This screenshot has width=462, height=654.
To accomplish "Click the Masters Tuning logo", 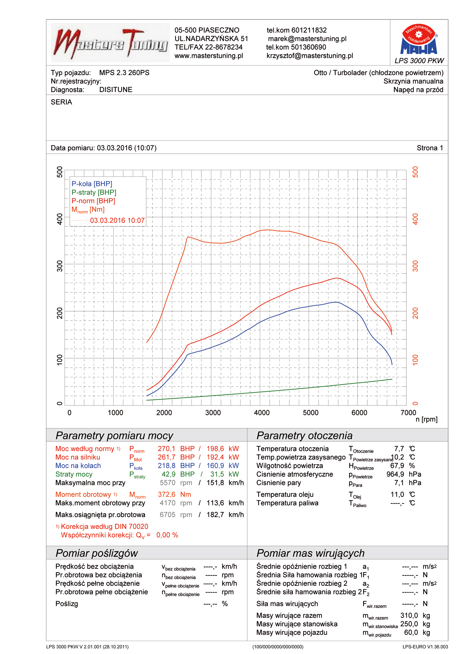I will [x=110, y=43].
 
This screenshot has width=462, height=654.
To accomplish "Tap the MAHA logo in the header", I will [x=418, y=39].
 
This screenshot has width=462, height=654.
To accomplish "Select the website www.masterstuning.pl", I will [x=208, y=56].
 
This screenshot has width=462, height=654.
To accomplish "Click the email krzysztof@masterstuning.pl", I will [x=309, y=56].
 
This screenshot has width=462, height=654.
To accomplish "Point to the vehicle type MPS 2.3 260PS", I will [x=124, y=73].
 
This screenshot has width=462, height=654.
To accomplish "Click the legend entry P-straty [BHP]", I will [x=94, y=192].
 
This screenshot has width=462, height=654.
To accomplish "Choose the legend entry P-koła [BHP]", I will [x=92, y=184].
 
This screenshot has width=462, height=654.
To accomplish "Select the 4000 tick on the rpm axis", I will [x=262, y=413].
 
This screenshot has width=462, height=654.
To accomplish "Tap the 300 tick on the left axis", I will [x=60, y=266].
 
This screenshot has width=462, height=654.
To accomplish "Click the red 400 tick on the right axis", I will [x=415, y=219].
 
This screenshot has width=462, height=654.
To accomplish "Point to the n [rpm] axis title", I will [x=426, y=419].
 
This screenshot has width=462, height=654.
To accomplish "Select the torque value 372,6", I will [x=166, y=495].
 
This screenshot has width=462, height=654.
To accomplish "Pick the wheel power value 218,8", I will [x=166, y=466].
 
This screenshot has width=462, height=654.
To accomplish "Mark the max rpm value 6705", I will [x=167, y=515].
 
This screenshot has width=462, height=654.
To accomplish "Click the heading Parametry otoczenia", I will [x=304, y=435].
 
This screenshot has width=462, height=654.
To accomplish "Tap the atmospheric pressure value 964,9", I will [x=395, y=474].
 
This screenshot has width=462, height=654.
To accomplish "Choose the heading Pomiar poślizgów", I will [x=96, y=553].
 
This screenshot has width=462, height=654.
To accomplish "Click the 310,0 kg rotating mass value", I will [x=409, y=616].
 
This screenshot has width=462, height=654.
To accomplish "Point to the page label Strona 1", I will [x=429, y=148].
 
